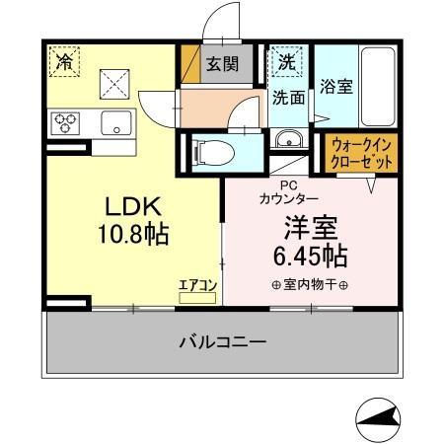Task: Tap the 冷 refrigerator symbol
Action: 64,62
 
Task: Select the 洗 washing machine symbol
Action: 286,61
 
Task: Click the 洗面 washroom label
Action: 288,98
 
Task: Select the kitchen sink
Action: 116,123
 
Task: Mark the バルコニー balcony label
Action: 222,342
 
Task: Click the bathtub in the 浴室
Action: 377,83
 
